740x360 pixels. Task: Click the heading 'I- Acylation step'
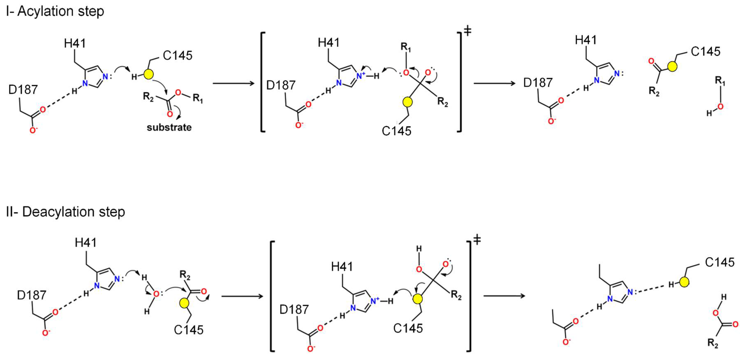click(55, 12)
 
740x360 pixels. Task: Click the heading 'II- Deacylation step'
click(66, 212)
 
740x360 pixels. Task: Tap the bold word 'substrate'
click(169, 127)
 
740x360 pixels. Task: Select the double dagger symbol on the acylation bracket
click(467, 31)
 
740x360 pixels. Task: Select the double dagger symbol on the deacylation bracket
click(477, 240)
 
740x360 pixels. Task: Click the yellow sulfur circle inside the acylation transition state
click(407, 102)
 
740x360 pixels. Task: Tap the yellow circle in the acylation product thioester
click(672, 67)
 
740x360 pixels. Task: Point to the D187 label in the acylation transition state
click(281, 85)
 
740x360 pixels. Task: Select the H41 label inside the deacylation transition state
click(342, 267)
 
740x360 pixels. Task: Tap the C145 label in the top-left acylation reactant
click(177, 55)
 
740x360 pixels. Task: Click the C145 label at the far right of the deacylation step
click(720, 262)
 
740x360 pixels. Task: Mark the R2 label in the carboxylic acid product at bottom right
click(713, 343)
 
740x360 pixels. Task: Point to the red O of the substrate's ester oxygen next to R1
click(178, 92)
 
